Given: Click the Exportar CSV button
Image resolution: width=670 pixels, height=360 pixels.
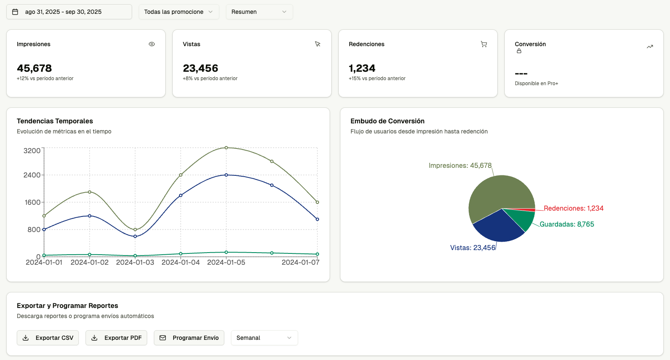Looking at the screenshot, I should (48, 338).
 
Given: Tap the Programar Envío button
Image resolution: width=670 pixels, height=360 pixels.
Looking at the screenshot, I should (189, 338).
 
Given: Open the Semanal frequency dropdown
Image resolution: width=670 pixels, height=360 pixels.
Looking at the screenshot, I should (264, 338).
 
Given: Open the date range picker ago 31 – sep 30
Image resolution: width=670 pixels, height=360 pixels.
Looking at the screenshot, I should (69, 12).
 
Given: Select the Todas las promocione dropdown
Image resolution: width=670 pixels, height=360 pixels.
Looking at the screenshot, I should (179, 12).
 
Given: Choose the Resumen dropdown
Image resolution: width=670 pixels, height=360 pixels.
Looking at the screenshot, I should (259, 12).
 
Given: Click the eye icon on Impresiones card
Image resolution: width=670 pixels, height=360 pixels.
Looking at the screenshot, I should (152, 44).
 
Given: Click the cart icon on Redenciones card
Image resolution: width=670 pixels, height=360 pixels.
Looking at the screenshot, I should (484, 44).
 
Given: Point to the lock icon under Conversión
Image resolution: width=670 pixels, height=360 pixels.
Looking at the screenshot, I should (519, 51).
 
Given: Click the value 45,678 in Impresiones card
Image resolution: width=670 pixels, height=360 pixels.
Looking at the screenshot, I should (34, 68).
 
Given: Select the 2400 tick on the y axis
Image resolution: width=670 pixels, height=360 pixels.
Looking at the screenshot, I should (32, 175).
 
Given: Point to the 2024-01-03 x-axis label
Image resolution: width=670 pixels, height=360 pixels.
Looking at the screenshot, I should (135, 263).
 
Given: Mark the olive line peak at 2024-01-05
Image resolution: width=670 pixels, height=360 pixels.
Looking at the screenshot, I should (226, 148).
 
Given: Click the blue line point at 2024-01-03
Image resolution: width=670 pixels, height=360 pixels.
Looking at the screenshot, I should (135, 236).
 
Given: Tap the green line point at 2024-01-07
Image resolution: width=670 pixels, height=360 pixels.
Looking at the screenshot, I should (317, 254).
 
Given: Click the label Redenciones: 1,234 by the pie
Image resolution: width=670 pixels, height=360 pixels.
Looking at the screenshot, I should (574, 209).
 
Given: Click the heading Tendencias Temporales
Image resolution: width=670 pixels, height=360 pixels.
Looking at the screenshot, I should (55, 121).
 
